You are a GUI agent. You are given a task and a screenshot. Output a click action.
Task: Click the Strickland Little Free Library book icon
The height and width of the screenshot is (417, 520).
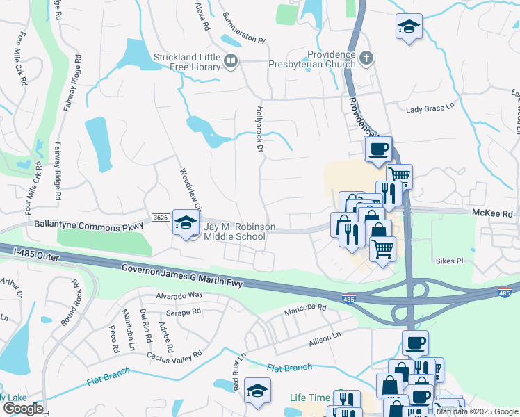231,63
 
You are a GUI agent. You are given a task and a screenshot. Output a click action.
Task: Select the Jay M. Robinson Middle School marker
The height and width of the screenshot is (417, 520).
186,222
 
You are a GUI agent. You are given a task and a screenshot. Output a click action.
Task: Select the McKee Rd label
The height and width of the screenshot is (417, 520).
492,215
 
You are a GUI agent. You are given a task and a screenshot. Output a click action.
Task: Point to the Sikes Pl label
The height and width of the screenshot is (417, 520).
448,261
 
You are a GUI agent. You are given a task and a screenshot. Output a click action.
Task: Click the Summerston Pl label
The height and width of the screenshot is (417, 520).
244,28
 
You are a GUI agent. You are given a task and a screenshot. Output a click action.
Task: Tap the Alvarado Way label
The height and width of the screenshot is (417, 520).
179,295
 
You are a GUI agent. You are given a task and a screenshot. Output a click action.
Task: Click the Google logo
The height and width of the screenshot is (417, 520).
22,409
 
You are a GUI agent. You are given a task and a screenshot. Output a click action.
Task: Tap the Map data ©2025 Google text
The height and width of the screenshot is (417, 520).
477,411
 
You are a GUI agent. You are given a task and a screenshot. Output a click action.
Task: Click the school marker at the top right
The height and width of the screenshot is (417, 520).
408,27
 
